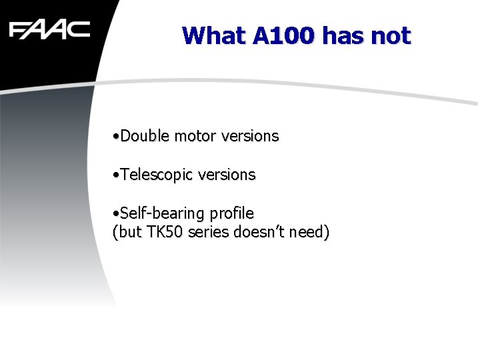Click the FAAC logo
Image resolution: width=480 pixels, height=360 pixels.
tap(49, 30)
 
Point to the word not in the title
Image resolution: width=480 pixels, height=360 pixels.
tap(391, 35)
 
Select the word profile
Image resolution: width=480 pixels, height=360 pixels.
tap(232, 213)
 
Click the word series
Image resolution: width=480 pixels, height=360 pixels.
tap(209, 233)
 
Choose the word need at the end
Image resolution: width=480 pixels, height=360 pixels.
tap(310, 233)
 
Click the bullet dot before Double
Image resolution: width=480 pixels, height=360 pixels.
tap(116, 137)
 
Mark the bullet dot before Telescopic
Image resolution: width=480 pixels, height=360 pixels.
tap(116, 175)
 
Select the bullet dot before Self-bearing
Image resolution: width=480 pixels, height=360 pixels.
tap(116, 214)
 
